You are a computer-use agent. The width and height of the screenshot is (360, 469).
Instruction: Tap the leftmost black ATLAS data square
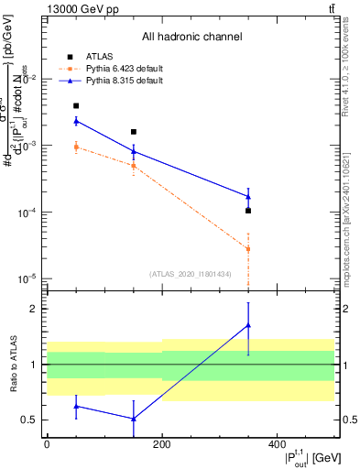point(76,106)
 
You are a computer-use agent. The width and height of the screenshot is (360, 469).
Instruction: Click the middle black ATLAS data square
point(134,132)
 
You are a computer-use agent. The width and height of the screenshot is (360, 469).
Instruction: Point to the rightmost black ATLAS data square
point(248,211)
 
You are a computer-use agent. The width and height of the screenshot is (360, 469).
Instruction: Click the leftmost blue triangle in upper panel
point(76,121)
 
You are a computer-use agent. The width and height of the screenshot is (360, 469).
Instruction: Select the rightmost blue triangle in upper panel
point(248,196)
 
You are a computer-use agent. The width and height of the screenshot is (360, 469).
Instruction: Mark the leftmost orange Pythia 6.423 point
point(76,147)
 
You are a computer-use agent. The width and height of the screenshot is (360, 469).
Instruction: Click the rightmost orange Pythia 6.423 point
point(248,248)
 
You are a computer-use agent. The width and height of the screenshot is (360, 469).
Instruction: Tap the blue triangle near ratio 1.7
point(248,325)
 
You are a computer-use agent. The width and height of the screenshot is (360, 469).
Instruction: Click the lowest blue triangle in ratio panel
point(134,419)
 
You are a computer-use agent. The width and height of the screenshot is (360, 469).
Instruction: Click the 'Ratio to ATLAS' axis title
point(13,364)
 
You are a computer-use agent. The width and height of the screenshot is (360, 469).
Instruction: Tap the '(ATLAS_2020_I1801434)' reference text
point(191,273)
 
